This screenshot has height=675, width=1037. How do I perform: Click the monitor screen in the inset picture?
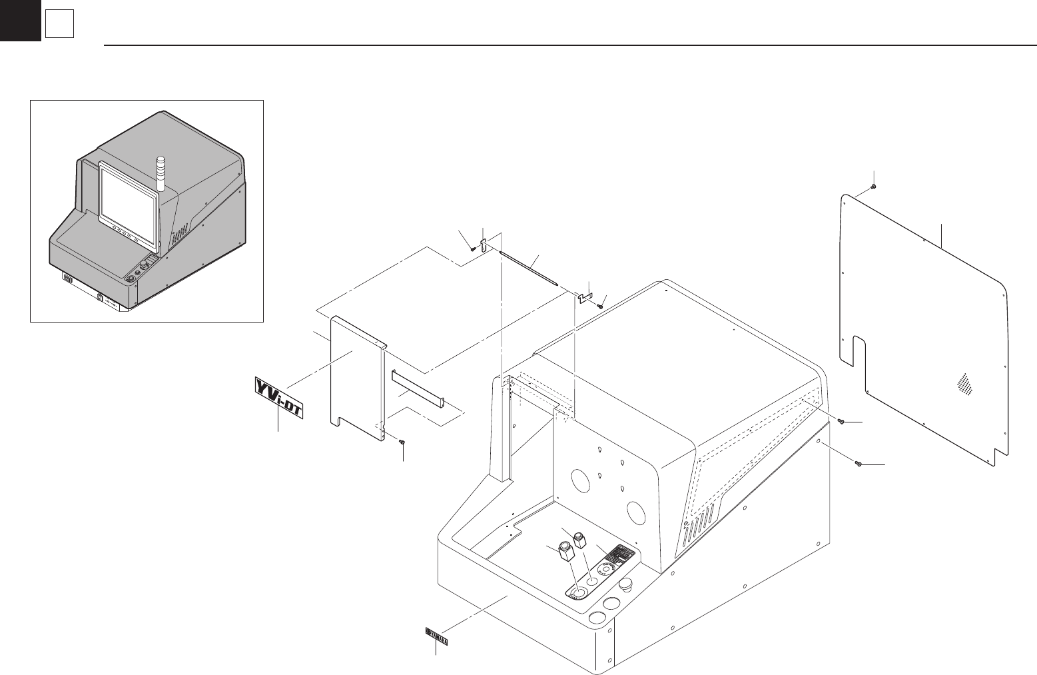(129, 193)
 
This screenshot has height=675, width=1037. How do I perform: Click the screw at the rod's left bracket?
(473, 248)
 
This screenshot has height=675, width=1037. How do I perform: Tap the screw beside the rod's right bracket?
(600, 306)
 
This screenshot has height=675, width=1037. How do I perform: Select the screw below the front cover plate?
(402, 441)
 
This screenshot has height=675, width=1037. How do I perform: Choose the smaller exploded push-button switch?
(580, 538)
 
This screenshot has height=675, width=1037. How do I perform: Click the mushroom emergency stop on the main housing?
(626, 585)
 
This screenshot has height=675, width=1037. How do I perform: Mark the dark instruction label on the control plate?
(621, 554)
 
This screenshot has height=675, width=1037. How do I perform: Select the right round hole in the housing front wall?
(635, 512)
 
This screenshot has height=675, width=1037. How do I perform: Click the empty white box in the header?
(59, 25)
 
